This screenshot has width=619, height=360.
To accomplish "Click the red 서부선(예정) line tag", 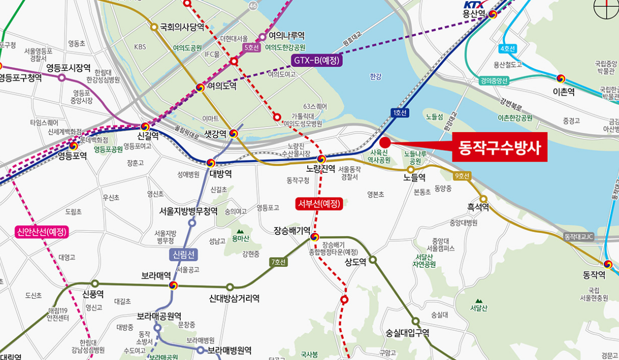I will [319, 204].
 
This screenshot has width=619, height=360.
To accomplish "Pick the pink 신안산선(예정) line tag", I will [42, 232].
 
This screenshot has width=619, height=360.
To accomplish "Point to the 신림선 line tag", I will [183, 254].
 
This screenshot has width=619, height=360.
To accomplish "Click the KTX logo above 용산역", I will [473, 5].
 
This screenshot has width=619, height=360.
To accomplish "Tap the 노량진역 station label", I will [321, 169].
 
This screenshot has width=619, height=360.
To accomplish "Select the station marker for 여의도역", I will [200, 87].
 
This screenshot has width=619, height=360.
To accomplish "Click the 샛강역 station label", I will [215, 134].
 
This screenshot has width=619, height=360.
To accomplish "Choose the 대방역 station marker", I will [210, 163].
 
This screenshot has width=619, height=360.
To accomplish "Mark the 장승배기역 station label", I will [292, 230].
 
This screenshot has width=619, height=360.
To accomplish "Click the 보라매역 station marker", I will [173, 285].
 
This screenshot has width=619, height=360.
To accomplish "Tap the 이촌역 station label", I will [563, 91].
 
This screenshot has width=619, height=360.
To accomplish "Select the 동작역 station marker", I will [608, 264].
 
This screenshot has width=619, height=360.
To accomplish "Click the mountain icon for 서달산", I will [479, 301].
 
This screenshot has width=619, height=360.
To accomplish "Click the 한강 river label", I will [376, 77].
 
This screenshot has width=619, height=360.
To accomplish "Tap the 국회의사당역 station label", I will [182, 27].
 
